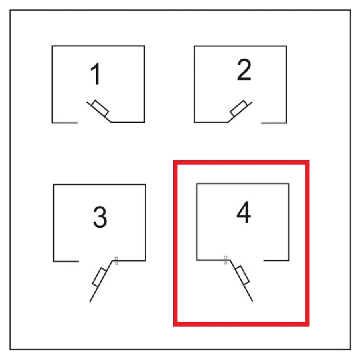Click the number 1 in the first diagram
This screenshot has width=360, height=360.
click(x=95, y=73)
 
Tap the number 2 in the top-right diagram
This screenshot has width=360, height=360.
click(x=244, y=70)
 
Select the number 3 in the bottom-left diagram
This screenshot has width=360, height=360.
click(x=100, y=217)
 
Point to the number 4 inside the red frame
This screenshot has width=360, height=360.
click(x=243, y=212)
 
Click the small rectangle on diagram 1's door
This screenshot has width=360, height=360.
click(x=100, y=108)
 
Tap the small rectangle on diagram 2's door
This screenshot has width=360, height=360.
click(x=238, y=108)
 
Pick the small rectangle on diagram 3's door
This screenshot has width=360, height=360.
click(x=99, y=277)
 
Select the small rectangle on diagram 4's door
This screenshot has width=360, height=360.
click(x=243, y=275)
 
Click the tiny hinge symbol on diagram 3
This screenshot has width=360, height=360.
click(x=117, y=261)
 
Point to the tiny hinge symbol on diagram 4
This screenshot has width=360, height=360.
click(x=225, y=260)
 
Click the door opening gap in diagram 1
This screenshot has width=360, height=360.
click(x=94, y=122)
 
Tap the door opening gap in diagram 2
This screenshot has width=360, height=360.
click(x=244, y=123)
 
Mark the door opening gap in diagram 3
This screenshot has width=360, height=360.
click(x=95, y=261)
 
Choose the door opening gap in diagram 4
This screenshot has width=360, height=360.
click(x=247, y=261)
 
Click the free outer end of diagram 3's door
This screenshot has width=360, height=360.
click(x=90, y=302)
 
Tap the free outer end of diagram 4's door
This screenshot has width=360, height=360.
click(x=253, y=301)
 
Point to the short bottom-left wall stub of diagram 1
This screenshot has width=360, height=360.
click(x=65, y=123)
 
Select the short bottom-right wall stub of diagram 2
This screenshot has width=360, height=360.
click(x=274, y=123)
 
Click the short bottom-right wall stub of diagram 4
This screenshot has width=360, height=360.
click(x=276, y=261)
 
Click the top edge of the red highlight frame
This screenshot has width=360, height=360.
click(x=241, y=162)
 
